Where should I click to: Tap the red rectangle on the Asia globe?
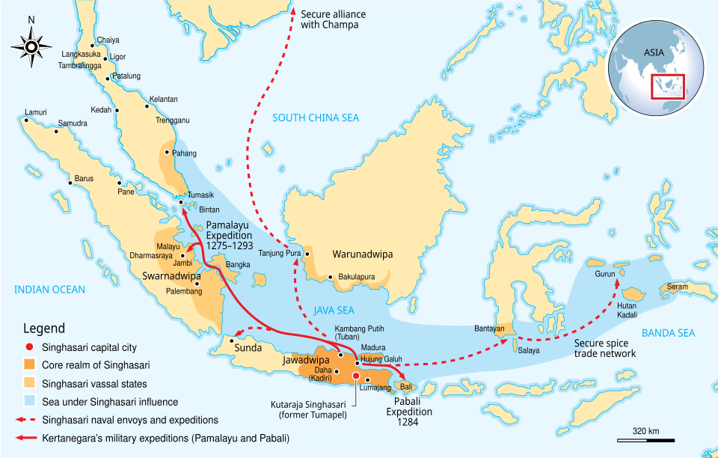[x=667, y=86]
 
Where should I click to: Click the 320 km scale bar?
[x=646, y=439]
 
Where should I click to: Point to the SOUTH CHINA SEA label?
[x=315, y=117]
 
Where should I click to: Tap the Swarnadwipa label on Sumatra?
[x=171, y=276]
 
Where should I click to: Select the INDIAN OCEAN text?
[x=49, y=290]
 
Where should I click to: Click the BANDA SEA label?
[x=668, y=333]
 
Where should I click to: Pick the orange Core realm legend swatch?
[x=30, y=366]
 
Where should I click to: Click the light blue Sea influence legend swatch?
[x=30, y=402]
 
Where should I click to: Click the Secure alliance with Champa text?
[x=330, y=19]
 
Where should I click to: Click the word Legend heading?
[x=44, y=329]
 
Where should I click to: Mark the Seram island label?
[x=677, y=287]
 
